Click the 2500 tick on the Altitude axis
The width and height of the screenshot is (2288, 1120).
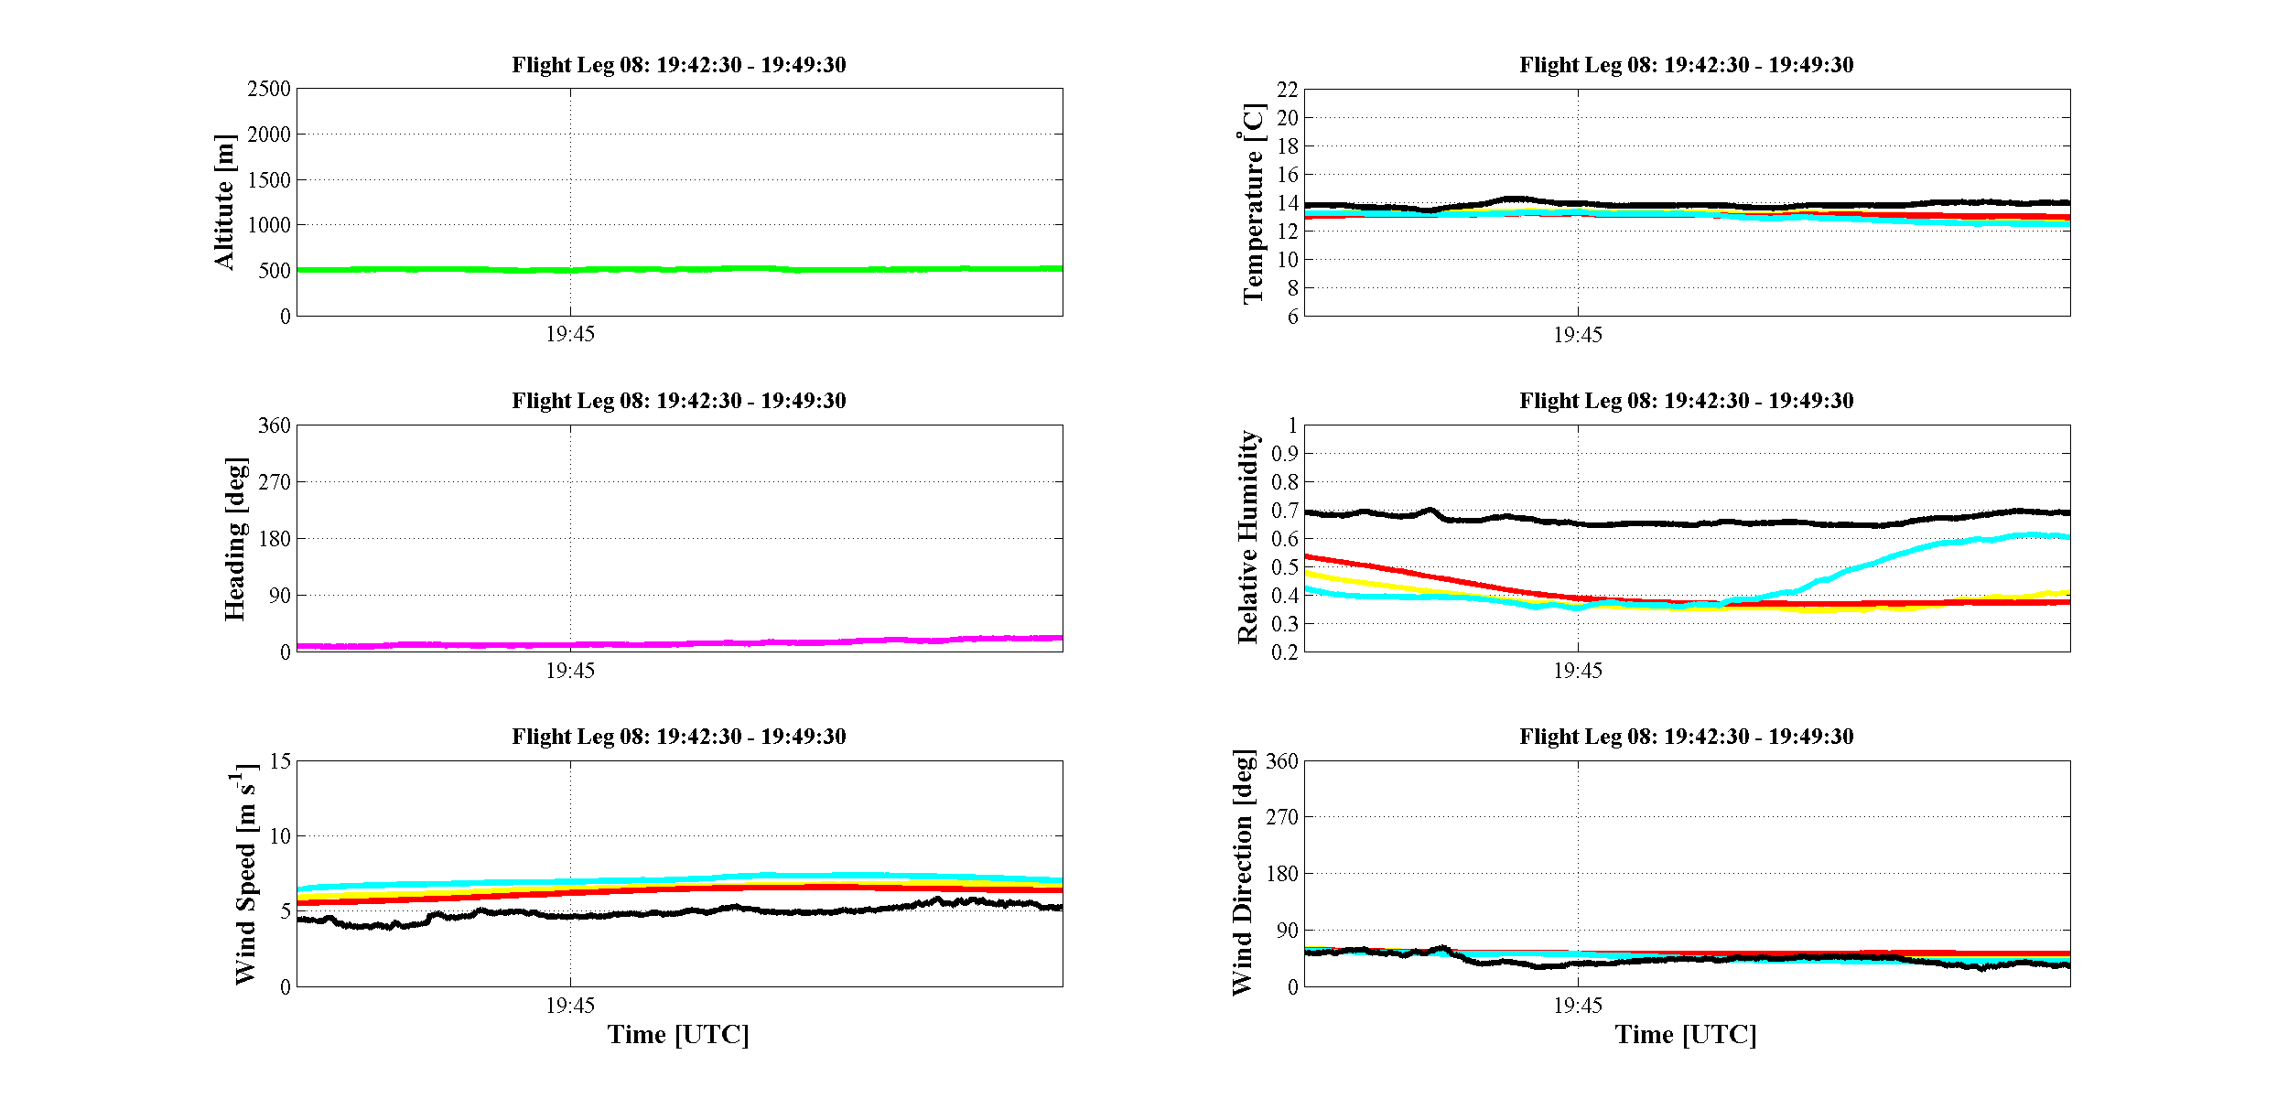[269, 89]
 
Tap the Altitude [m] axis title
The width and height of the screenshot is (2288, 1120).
[224, 202]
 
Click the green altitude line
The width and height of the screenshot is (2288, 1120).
[680, 269]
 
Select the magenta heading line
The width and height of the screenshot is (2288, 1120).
[680, 643]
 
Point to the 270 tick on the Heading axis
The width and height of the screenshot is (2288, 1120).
[275, 482]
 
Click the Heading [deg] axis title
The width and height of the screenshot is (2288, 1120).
[235, 538]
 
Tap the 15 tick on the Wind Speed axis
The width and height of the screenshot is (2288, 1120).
[280, 761]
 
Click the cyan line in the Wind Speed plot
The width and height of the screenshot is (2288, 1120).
[680, 879]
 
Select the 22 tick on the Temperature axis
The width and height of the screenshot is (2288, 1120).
[1288, 90]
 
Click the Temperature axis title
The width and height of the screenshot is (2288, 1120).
[1253, 203]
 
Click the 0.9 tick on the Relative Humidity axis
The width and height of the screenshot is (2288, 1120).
[1285, 454]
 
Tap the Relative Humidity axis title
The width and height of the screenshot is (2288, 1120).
[1247, 537]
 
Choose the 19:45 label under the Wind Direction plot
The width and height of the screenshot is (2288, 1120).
[1578, 1006]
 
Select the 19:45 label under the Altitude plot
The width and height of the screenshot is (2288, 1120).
[570, 334]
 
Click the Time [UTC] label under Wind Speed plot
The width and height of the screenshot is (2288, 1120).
[678, 1035]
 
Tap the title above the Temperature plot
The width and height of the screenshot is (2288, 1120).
[1687, 65]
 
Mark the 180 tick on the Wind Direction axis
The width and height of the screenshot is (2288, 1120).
[1281, 874]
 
